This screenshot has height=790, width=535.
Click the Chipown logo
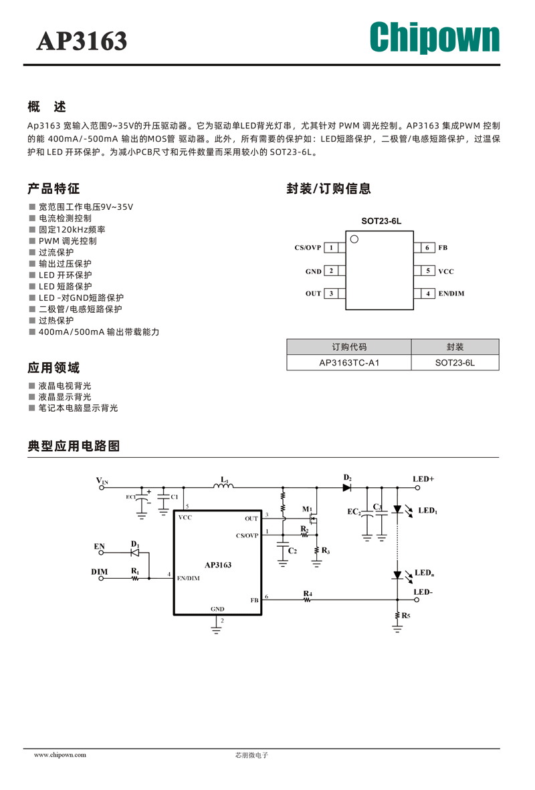(435, 37)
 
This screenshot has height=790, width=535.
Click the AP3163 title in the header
(82, 41)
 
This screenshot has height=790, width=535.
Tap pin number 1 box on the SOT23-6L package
(331, 247)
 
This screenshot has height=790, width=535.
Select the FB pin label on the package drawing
(443, 247)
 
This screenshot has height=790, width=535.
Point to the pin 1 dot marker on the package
(354, 239)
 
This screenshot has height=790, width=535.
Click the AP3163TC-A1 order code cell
(349, 363)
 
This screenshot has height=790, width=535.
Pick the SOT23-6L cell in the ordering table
(455, 363)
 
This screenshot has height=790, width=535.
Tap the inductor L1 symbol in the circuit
(223, 485)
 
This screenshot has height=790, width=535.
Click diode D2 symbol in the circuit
(347, 488)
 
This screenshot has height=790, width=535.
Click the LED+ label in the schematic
(423, 479)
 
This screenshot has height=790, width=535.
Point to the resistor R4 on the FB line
(308, 600)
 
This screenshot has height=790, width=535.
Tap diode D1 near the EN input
(134, 553)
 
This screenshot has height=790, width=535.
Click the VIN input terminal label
(102, 481)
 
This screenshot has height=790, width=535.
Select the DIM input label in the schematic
(100, 572)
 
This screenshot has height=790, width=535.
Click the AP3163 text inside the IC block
(218, 565)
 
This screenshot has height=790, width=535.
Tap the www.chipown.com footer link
(60, 755)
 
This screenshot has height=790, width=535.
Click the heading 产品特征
(53, 189)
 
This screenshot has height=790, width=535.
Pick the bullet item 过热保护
(56, 320)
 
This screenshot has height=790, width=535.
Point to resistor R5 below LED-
(397, 616)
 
